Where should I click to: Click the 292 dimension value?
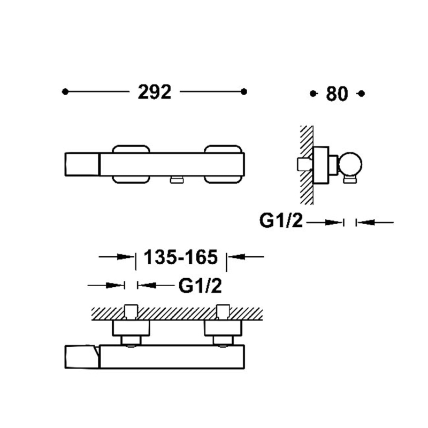click(155, 92)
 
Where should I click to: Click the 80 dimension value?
click(337, 94)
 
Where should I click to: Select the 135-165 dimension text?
click(181, 257)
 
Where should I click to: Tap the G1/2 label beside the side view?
click(281, 220)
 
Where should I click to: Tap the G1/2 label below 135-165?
click(200, 286)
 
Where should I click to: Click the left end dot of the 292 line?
click(65, 91)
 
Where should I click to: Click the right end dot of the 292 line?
click(244, 91)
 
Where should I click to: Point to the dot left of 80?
click(313, 94)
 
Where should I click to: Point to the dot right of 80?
click(362, 94)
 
